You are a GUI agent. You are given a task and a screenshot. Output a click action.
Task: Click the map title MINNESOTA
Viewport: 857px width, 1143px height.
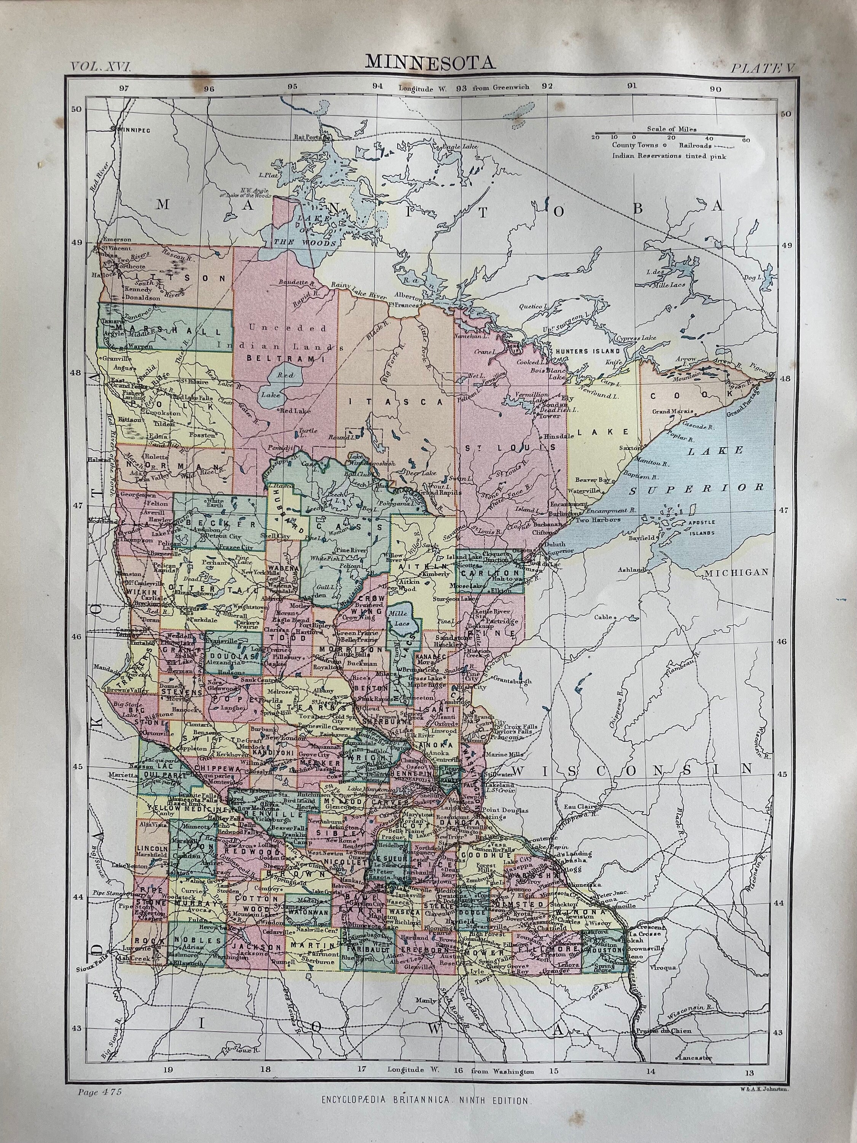coord(430,62)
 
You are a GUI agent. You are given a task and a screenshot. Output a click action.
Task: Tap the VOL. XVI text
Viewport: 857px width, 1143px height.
coord(102,66)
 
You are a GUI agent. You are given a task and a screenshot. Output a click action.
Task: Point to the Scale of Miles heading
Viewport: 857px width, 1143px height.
coord(672,129)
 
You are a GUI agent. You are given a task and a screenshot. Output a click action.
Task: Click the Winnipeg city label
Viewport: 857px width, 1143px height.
coord(133,130)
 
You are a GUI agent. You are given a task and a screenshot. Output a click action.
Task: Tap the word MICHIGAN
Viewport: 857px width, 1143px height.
coord(737,572)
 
